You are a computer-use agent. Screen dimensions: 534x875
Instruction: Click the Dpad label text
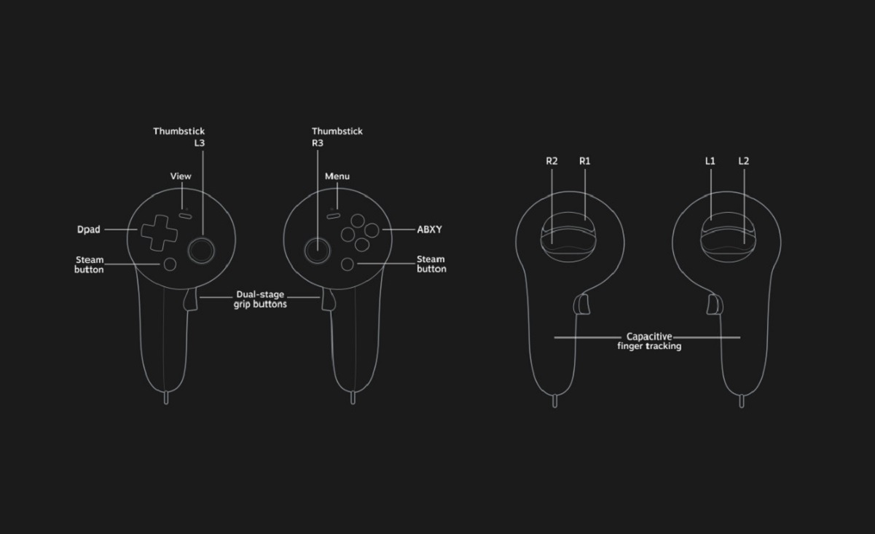pos(89,229)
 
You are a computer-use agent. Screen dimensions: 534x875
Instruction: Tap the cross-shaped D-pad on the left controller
pos(159,232)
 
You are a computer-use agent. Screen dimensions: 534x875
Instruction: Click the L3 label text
pos(199,143)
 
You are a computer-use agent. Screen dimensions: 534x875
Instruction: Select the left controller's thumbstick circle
pos(201,250)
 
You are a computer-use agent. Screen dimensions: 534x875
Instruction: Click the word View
pos(181,176)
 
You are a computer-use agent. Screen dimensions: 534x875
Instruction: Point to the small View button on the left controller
pos(185,215)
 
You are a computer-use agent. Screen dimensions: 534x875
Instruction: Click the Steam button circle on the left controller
pos(170,264)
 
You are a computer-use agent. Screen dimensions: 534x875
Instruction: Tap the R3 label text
pos(318,143)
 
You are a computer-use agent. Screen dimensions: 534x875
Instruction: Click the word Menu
pos(337,176)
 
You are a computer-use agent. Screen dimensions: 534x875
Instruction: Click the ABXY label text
pos(429,229)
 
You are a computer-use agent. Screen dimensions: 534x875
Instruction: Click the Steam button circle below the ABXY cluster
pos(348,264)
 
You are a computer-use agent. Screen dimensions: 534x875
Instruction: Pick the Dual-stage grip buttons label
pos(260,299)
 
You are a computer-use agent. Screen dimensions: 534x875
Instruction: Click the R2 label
pos(552,161)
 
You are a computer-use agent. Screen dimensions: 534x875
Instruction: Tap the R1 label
pos(584,161)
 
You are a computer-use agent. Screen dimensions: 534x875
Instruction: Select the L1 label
pos(710,161)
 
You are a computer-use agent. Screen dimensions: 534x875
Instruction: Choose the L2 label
pos(743,161)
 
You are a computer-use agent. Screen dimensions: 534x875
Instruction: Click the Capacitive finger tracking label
pos(649,342)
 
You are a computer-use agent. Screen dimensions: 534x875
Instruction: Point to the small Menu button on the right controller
pos(334,215)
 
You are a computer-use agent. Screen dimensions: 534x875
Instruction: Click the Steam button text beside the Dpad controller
pos(89,264)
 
